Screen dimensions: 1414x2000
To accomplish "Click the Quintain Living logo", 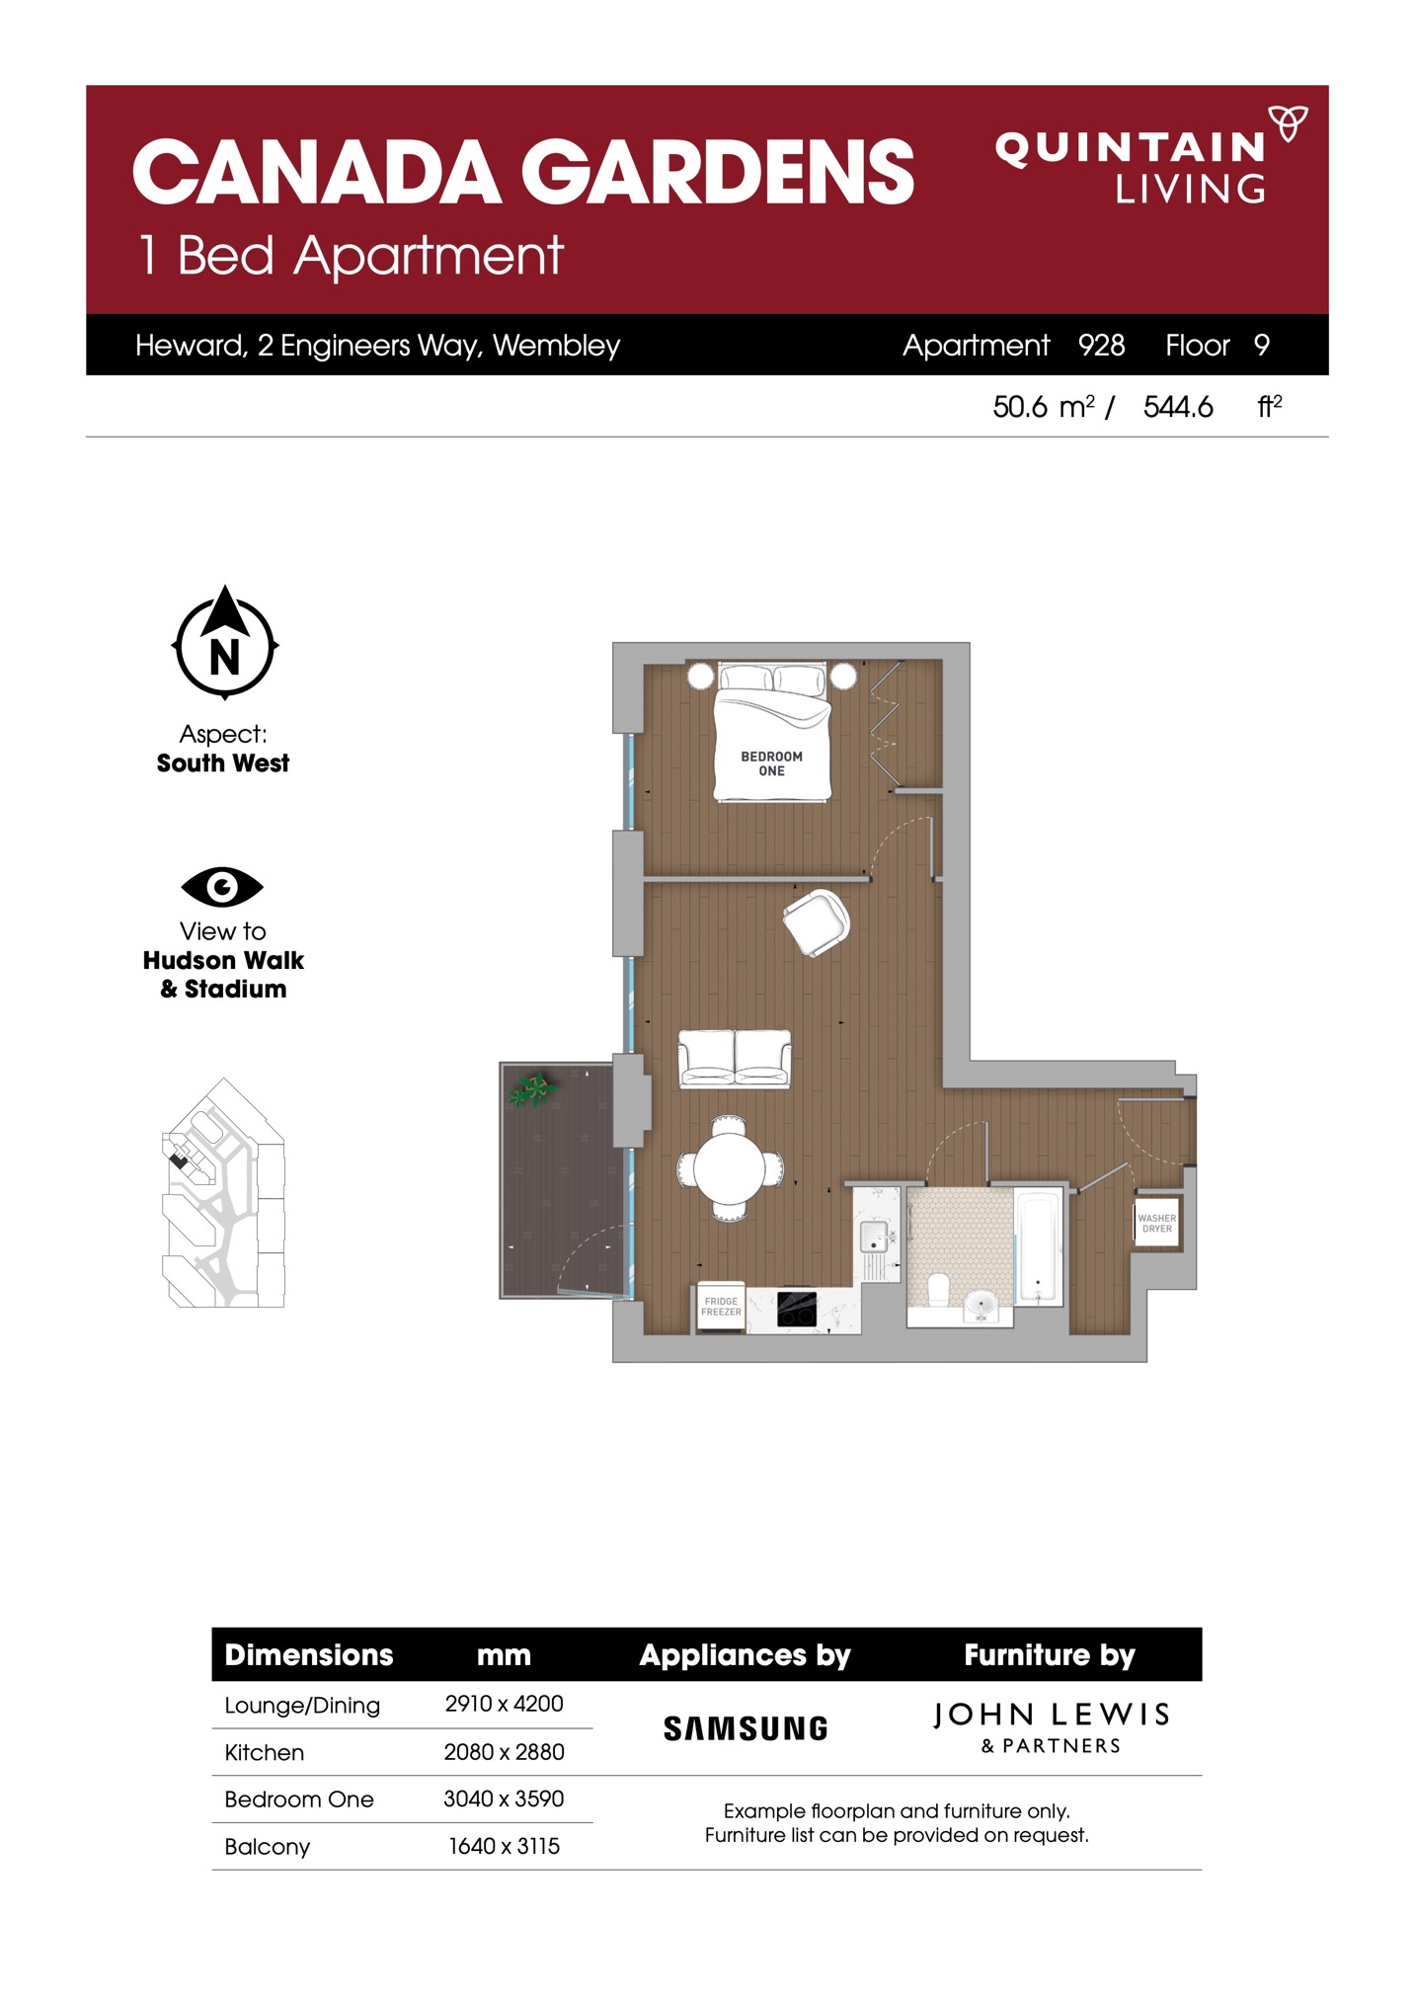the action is tap(1150, 154).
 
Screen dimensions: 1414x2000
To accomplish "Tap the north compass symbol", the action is tap(225, 643).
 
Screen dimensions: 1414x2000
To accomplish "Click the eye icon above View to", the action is tap(222, 886).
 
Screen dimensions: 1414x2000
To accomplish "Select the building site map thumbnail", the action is tap(223, 1192).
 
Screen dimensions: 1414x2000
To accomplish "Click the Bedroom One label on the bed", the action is tap(772, 763).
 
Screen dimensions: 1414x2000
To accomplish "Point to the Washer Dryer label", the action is tap(1157, 1223).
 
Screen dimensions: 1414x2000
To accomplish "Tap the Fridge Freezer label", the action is tap(721, 1306).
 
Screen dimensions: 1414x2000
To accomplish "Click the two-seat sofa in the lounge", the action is tap(735, 1058).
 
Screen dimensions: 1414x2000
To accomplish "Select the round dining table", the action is tap(729, 1167).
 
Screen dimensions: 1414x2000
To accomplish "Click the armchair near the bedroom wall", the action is tap(817, 922).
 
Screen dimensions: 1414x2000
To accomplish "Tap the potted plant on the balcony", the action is tap(533, 1089).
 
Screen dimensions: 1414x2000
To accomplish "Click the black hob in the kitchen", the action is tap(797, 1309).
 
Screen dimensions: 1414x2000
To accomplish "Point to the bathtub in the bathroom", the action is tap(1038, 1247).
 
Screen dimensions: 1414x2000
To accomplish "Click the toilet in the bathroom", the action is tap(938, 1288).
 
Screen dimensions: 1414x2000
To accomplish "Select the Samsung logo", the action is tap(746, 1728).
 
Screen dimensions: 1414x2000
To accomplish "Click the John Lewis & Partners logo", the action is tap(1052, 1726).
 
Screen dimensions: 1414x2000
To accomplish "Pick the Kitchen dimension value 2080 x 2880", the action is tap(504, 1751).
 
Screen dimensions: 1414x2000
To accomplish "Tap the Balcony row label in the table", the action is tap(268, 1847).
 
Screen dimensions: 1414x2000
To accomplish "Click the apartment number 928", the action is tap(1101, 345).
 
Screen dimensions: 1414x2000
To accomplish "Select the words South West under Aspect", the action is tap(223, 762).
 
